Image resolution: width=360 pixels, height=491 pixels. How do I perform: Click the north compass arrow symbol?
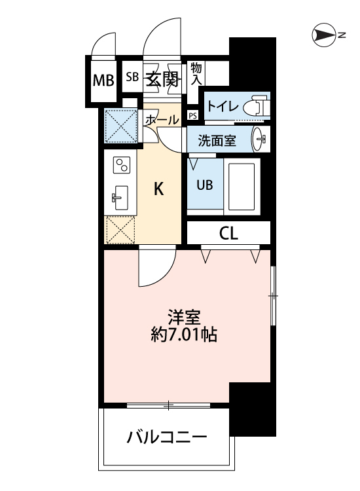pos(324,34)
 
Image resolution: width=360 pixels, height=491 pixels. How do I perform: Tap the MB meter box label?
pos(103,81)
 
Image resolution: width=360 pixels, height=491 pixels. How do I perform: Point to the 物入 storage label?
pos(196,73)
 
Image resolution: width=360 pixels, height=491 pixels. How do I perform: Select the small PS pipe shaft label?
pos(192,115)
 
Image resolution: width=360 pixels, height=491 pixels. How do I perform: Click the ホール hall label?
pos(160,120)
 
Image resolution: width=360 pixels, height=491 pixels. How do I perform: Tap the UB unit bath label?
pos(205,184)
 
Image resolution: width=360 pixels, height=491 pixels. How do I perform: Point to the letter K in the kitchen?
pos(158,189)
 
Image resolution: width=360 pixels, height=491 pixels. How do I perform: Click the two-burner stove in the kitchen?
pos(122,166)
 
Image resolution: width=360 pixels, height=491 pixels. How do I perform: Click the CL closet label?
pos(228,233)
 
